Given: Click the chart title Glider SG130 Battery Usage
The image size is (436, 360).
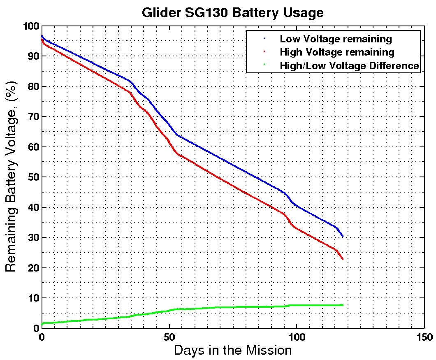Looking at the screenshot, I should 232,13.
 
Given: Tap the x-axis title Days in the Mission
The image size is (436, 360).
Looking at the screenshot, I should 232,351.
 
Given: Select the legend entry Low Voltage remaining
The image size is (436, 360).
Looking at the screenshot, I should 336,39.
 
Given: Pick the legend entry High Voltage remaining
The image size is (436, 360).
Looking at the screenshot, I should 337,52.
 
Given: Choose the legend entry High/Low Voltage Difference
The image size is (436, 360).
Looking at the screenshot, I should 349,65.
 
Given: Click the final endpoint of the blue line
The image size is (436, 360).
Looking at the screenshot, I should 342,237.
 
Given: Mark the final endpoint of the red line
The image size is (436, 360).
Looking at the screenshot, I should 342,259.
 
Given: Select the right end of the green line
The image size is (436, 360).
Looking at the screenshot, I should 343,305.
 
